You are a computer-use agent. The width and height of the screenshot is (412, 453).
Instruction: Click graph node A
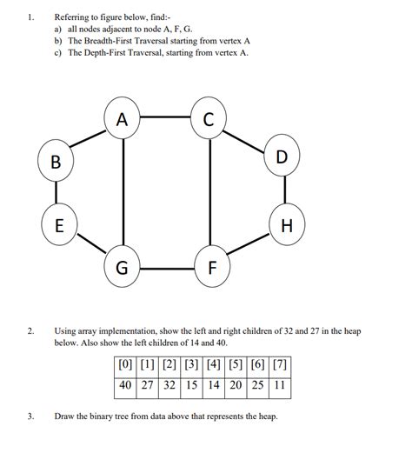(x=123, y=121)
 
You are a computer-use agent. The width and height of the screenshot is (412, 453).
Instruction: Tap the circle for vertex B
(x=56, y=162)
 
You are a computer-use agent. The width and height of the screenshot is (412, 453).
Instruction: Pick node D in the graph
(x=280, y=157)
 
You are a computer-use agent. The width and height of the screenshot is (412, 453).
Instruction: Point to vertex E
(x=59, y=226)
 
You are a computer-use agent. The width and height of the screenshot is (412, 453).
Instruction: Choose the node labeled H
(x=287, y=226)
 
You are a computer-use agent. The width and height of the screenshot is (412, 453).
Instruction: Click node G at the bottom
(x=123, y=268)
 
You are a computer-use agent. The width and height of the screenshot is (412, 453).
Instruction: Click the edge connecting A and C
(x=165, y=117)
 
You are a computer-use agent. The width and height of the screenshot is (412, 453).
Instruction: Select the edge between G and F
(x=167, y=268)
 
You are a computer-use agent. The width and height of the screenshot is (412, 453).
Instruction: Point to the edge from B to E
(x=57, y=194)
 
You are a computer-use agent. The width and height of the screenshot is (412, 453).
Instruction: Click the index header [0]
(x=127, y=364)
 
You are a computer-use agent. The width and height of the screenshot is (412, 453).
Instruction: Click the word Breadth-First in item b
(x=110, y=41)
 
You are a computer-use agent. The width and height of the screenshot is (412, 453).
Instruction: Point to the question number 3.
(x=30, y=416)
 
